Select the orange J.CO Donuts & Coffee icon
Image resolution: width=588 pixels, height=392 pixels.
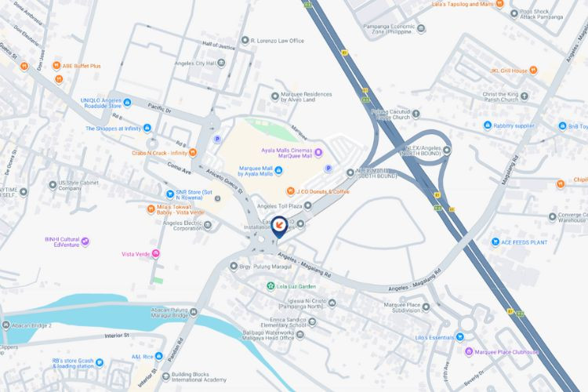pyautogui.click(x=290, y=191)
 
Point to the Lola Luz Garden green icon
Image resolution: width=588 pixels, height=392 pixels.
pyautogui.click(x=270, y=286)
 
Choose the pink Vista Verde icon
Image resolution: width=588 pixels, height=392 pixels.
pyautogui.click(x=156, y=253)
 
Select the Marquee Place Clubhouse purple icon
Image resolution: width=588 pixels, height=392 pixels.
pyautogui.click(x=469, y=351)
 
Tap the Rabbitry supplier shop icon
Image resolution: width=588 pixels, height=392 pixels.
pyautogui.click(x=487, y=125)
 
